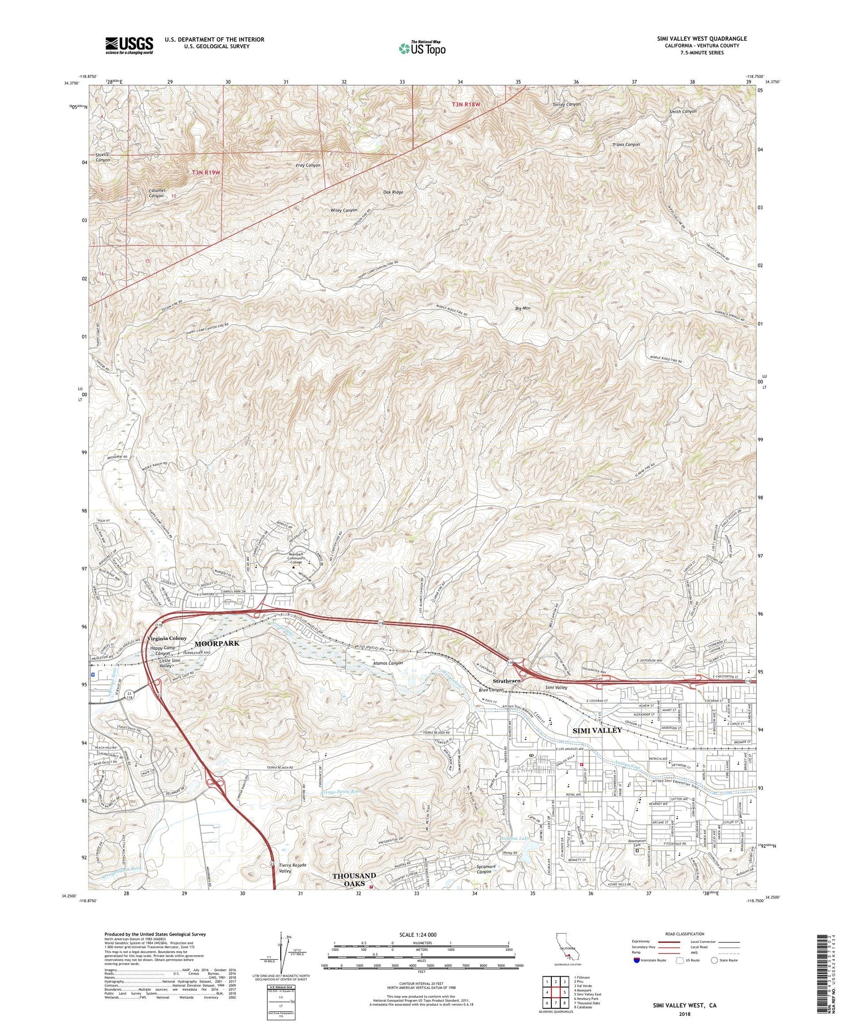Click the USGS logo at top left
(129, 45)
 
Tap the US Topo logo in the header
(422, 48)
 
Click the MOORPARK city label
(217, 644)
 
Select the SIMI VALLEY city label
(597, 730)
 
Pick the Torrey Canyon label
(566, 105)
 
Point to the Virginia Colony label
(167, 638)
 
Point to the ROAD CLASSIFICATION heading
(684, 934)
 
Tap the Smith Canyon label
(683, 111)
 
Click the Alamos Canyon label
(388, 663)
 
